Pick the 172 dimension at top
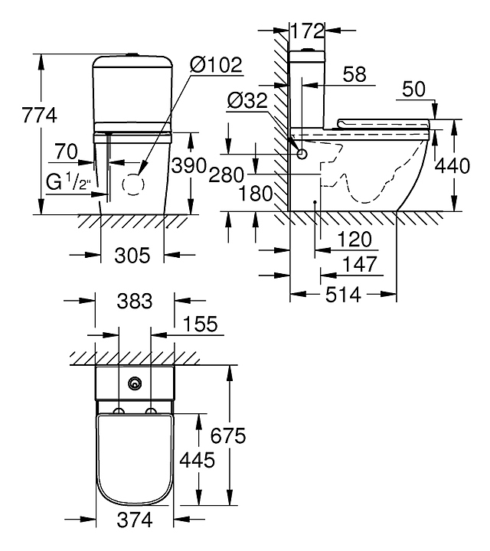pyautogui.click(x=308, y=31)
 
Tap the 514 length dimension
pyautogui.click(x=343, y=294)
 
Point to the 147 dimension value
pyautogui.click(x=360, y=264)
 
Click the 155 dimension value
pyautogui.click(x=201, y=324)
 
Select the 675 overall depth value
pyautogui.click(x=229, y=436)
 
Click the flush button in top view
pyautogui.click(x=136, y=382)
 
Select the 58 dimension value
pyautogui.click(x=354, y=74)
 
